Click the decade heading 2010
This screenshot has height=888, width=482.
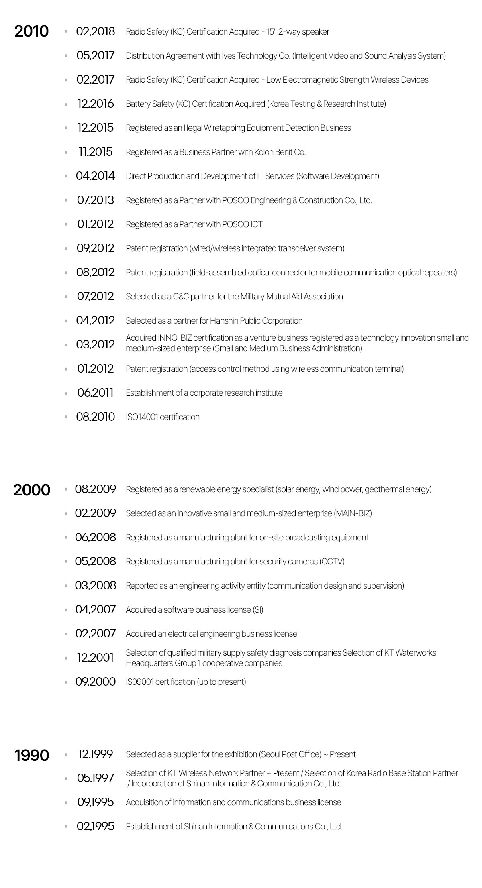31,31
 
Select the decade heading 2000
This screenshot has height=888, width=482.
31,490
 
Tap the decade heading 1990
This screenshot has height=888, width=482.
31,755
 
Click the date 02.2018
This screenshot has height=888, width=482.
95,31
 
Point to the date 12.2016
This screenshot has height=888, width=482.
95,104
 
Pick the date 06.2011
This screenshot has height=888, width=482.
95,393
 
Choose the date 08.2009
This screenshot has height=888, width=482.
95,489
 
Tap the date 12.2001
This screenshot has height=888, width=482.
95,658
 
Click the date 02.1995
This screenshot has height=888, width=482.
95,826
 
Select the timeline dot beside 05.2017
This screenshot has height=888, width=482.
66,56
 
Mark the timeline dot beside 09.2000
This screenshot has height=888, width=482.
66,682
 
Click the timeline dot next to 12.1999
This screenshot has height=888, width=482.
66,754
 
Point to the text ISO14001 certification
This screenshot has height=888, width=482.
163,417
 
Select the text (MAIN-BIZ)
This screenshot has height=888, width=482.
353,513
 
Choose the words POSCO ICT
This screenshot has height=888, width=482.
242,224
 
